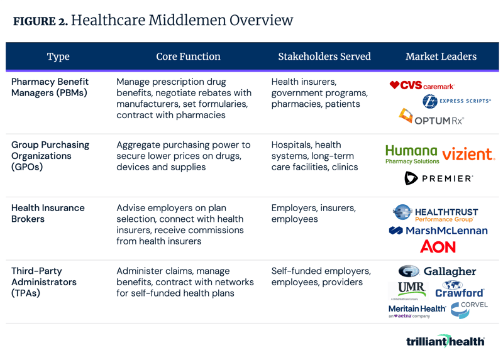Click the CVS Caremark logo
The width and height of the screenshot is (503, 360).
[421, 85]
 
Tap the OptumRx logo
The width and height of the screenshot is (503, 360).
[432, 116]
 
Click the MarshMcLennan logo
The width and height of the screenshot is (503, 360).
[438, 231]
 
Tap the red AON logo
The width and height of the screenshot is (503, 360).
[438, 247]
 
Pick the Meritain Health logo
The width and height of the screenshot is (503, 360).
[417, 310]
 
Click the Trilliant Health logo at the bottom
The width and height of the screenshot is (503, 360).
[445, 341]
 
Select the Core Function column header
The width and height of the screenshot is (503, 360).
[188, 57]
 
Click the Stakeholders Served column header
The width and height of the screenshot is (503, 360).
[324, 57]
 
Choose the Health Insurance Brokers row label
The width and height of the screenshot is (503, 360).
[48, 214]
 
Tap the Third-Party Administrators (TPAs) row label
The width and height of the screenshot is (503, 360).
[44, 282]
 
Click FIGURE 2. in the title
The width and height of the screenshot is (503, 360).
[40, 21]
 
